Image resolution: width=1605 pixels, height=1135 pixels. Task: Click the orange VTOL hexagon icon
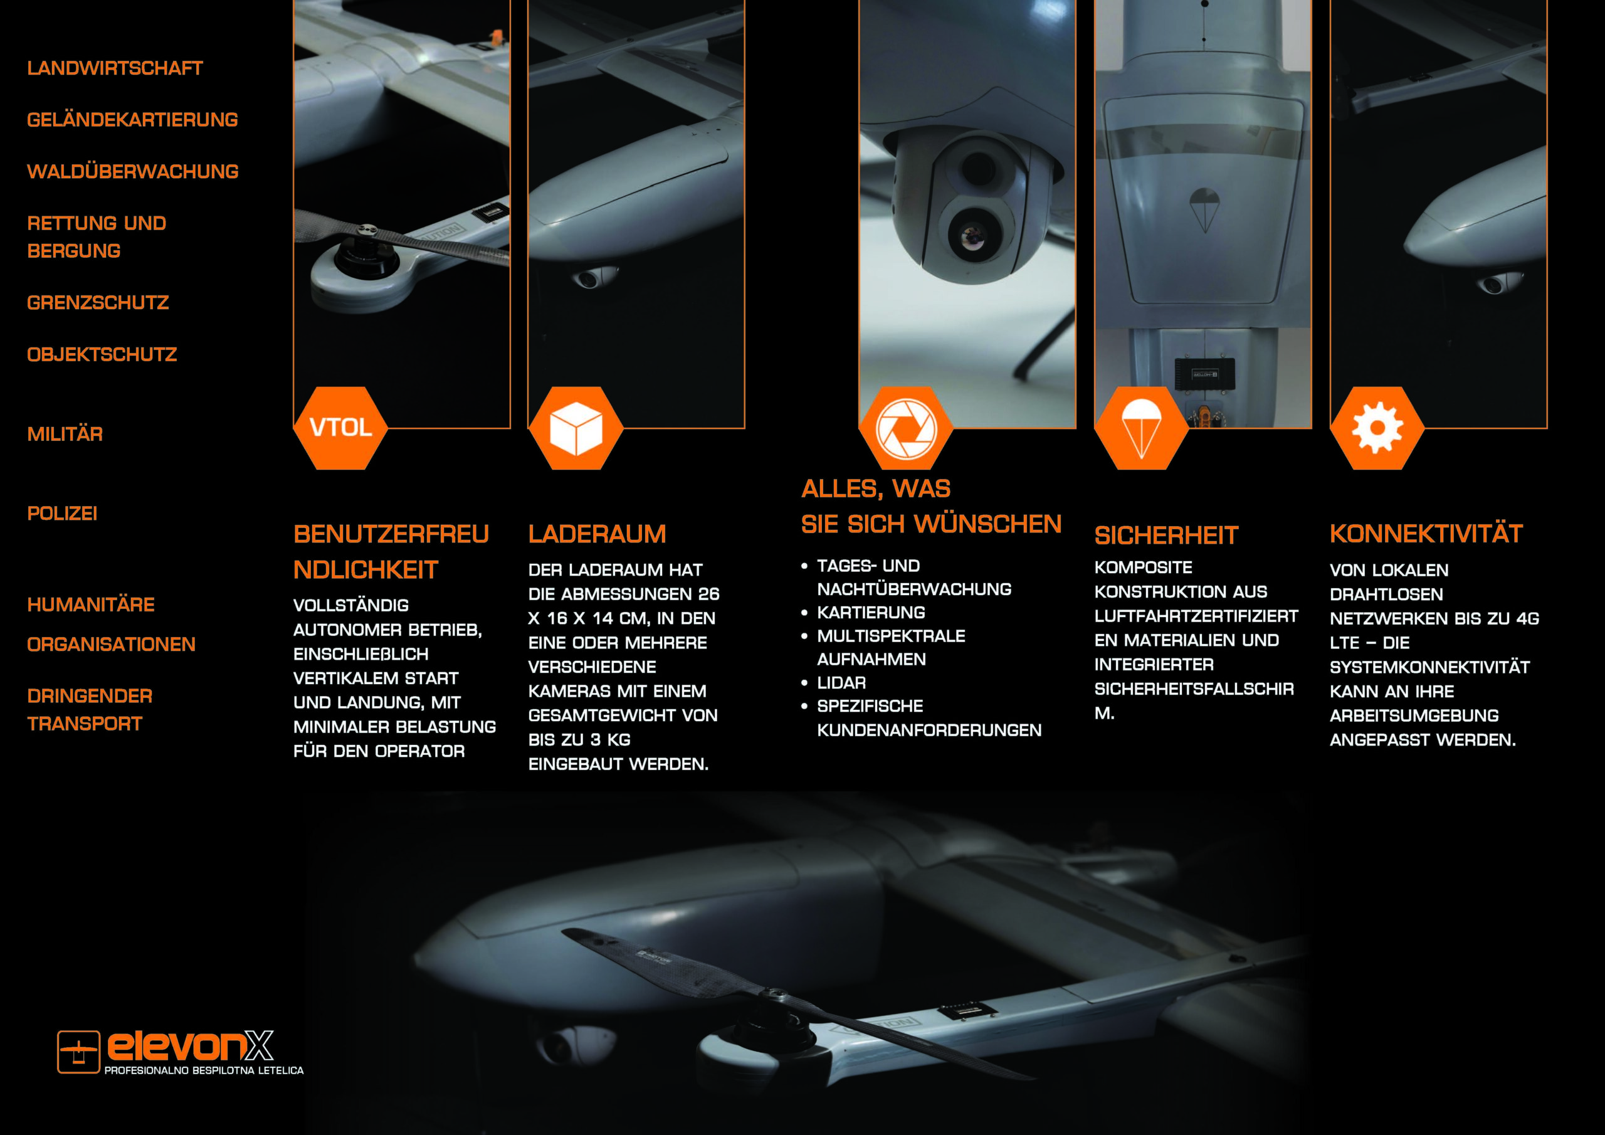point(340,428)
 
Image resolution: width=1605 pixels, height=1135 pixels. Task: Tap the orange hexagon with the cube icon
point(576,428)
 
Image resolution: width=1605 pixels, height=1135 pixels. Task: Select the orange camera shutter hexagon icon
point(906,428)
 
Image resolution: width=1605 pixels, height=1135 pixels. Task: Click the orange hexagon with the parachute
point(1142,428)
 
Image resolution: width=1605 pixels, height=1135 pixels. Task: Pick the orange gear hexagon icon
point(1377,428)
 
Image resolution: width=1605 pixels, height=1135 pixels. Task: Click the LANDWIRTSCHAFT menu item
point(115,68)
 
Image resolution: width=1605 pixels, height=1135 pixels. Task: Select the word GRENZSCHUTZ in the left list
point(98,303)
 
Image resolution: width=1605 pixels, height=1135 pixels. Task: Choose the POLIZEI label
point(62,514)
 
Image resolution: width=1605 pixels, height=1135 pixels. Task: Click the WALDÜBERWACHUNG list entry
point(133,171)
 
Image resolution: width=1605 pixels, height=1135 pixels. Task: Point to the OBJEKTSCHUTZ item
point(102,354)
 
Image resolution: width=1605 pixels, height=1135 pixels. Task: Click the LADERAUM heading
point(597,534)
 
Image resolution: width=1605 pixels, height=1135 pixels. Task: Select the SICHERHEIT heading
point(1166,536)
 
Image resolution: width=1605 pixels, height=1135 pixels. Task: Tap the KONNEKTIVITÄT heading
point(1426,534)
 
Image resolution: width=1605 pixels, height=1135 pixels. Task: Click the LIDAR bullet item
point(841,682)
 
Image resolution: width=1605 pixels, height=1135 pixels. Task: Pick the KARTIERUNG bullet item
point(871,613)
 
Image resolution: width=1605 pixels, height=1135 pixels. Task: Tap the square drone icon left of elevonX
point(78,1052)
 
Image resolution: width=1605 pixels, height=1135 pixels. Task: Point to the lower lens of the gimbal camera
point(972,236)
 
